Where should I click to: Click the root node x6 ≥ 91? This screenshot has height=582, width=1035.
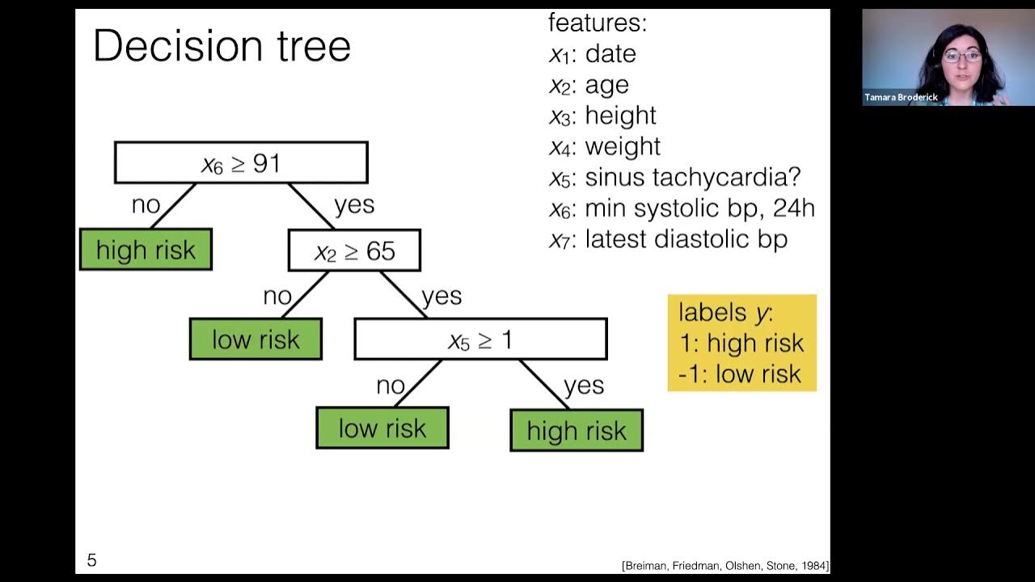point(241,163)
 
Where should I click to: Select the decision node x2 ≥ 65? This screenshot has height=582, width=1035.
point(354,251)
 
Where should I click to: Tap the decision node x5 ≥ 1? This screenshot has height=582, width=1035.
point(480,339)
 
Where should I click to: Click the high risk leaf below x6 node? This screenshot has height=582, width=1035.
point(146,250)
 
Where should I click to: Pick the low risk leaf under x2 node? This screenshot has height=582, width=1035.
point(256,339)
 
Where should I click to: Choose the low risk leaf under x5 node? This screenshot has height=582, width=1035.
point(382,428)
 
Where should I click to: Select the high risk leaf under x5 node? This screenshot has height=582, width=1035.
point(577,431)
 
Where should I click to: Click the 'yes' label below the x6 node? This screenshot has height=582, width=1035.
point(354,205)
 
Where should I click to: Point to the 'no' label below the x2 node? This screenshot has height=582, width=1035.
point(277,297)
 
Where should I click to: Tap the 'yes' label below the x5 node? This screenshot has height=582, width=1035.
point(584,386)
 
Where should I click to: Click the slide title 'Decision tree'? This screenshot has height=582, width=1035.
point(222,46)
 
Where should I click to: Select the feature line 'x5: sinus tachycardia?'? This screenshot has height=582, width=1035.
point(674,177)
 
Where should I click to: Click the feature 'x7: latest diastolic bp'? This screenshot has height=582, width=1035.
point(668,239)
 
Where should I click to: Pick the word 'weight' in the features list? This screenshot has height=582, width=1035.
point(623,146)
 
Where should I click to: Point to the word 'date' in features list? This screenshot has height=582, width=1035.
point(610,54)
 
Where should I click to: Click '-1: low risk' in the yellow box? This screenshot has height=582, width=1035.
point(740,373)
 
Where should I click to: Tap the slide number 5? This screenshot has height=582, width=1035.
point(91,560)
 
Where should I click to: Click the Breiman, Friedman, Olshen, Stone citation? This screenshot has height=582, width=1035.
point(724,566)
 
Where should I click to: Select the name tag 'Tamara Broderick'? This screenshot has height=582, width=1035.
point(901,98)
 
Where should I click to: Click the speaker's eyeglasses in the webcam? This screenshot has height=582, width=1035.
point(961,57)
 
